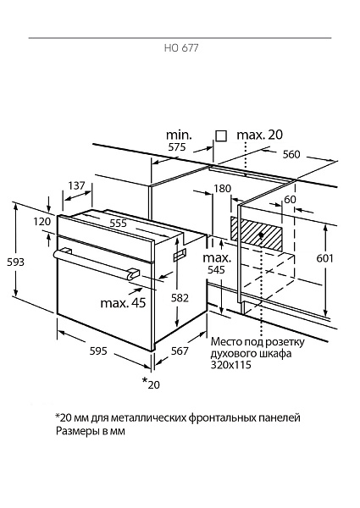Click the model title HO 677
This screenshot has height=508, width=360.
181,48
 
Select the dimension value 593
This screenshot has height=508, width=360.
15,262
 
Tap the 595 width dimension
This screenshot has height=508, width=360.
98,351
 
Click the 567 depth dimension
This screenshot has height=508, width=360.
180,351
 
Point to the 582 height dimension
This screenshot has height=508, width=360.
180,297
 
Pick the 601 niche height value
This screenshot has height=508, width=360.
324,258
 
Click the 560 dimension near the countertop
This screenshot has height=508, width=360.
291,155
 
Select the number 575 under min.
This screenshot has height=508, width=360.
177,147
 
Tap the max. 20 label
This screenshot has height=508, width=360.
260,135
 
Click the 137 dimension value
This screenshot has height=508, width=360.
76,185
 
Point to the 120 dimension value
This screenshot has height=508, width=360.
42,221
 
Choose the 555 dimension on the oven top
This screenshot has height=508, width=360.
118,223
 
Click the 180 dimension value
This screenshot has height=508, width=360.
222,188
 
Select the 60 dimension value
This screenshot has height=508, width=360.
290,199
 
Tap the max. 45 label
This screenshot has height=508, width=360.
123,303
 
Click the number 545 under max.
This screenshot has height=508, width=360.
216,269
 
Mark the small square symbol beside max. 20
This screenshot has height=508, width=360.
221,136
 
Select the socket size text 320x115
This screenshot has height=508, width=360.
231,365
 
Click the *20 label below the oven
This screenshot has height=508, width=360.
151,383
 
